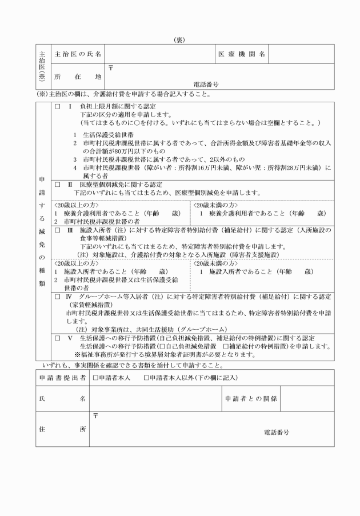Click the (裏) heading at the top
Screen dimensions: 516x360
click(x=179, y=40)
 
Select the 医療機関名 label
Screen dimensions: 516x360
click(x=242, y=54)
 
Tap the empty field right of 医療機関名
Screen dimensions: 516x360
click(x=301, y=54)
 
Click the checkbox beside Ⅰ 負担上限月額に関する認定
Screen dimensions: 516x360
click(x=57, y=107)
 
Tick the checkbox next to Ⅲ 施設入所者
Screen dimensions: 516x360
click(x=57, y=230)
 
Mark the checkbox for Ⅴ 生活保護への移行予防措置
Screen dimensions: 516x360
click(x=57, y=338)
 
